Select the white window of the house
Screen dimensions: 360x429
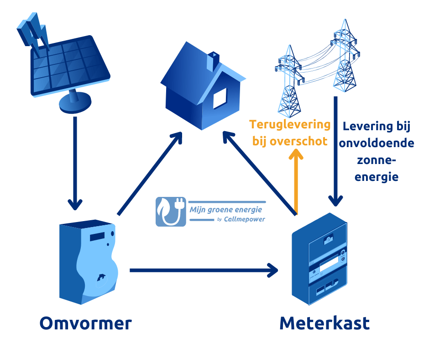(x=220, y=97)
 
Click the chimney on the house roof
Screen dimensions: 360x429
(x=212, y=61)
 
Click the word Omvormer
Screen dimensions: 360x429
(x=86, y=323)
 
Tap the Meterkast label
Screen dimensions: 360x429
(x=324, y=323)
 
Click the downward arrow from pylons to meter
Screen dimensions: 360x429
(x=336, y=151)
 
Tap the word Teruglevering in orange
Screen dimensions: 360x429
(x=290, y=124)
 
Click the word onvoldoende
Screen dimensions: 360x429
(x=376, y=143)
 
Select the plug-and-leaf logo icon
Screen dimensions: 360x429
(x=171, y=212)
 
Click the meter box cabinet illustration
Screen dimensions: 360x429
(x=322, y=260)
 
